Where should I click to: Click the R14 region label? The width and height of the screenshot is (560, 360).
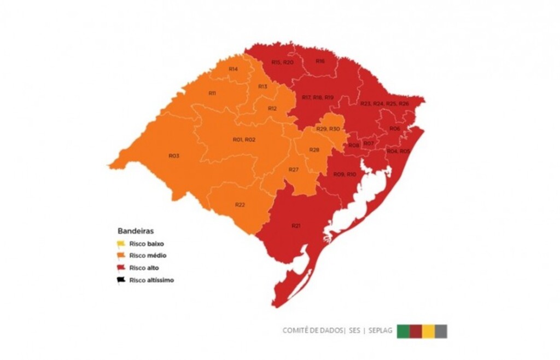[x=234, y=69]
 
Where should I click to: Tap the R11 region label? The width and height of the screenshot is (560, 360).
[x=212, y=94]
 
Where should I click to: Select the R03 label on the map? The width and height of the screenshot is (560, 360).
[x=174, y=156]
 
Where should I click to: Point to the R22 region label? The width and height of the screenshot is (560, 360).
[x=240, y=205]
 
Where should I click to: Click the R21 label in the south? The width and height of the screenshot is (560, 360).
[x=296, y=226]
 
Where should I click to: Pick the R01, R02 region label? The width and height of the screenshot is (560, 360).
[x=244, y=140]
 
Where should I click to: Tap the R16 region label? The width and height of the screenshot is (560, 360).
[x=320, y=61]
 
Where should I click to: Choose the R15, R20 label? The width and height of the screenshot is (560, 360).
[x=282, y=62]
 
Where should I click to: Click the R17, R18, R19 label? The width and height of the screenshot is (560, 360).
[x=318, y=97]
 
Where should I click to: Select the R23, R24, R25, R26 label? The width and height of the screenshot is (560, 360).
[x=384, y=103]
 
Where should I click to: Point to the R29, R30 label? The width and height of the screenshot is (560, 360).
[x=329, y=129]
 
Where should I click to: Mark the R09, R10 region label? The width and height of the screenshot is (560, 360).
[x=345, y=175]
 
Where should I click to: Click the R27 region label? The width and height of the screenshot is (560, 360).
[x=294, y=170]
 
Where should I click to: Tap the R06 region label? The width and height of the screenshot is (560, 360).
[x=394, y=128]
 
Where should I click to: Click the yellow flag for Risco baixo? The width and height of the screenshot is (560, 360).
[x=121, y=244]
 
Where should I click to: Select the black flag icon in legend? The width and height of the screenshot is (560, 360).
[x=121, y=280]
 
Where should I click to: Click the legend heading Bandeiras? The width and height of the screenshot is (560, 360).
[x=136, y=231]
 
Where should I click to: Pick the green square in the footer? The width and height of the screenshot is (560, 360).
[x=403, y=331]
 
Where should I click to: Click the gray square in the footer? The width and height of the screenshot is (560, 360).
[x=441, y=331]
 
